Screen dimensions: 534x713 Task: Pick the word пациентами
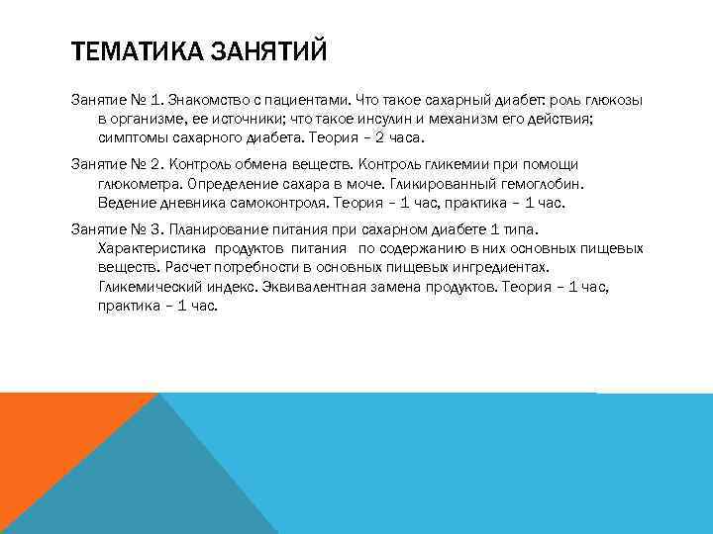click(308, 101)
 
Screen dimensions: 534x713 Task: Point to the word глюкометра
click(141, 184)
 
